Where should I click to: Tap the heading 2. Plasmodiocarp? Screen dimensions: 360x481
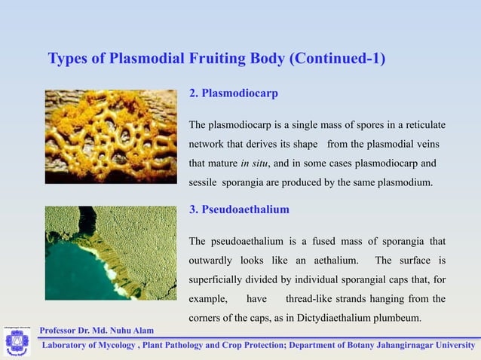(x=233, y=94)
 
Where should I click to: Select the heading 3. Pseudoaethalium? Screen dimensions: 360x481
(x=239, y=209)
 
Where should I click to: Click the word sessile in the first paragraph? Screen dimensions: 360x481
(x=204, y=182)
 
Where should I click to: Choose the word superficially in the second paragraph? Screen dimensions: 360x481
(x=220, y=279)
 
